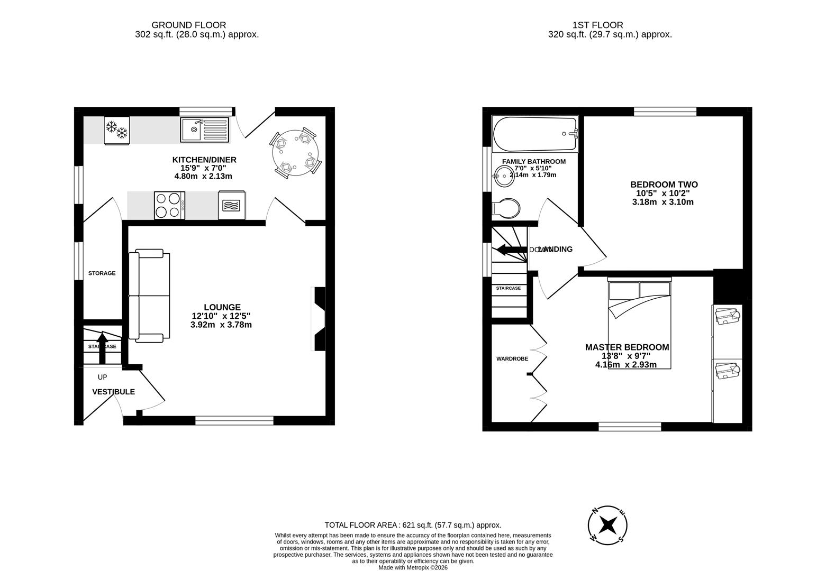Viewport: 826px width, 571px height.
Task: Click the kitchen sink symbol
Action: point(205,130)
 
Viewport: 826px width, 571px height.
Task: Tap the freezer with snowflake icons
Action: point(116,129)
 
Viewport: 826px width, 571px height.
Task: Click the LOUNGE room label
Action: point(222,307)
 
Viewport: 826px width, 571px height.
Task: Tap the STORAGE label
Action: point(102,273)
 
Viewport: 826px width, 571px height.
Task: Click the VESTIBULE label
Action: point(113,392)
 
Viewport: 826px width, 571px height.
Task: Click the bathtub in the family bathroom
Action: point(534,134)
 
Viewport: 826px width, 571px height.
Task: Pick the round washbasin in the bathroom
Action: point(503,177)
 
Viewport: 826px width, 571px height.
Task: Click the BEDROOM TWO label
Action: point(664,185)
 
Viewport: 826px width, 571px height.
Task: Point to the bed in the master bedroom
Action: point(639,325)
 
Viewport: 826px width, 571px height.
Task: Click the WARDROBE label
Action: point(512,358)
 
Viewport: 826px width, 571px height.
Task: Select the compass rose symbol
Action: point(608,525)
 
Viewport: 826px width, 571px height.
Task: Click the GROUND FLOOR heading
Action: point(188,25)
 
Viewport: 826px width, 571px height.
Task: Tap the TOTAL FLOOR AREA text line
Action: point(413,525)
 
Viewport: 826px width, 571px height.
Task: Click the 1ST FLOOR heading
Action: point(597,25)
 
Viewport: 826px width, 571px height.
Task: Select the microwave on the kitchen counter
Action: point(231,205)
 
